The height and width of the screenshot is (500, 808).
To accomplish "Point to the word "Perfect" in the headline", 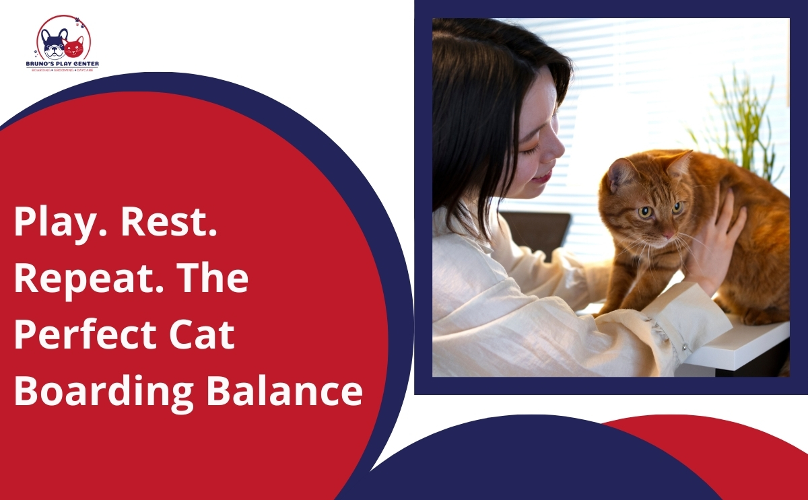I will [x=91, y=334].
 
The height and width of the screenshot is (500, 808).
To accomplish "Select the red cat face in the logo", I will [x=73, y=47].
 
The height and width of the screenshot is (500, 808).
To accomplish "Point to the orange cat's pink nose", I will [x=669, y=235].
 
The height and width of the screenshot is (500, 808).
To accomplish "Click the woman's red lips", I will [x=543, y=178].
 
